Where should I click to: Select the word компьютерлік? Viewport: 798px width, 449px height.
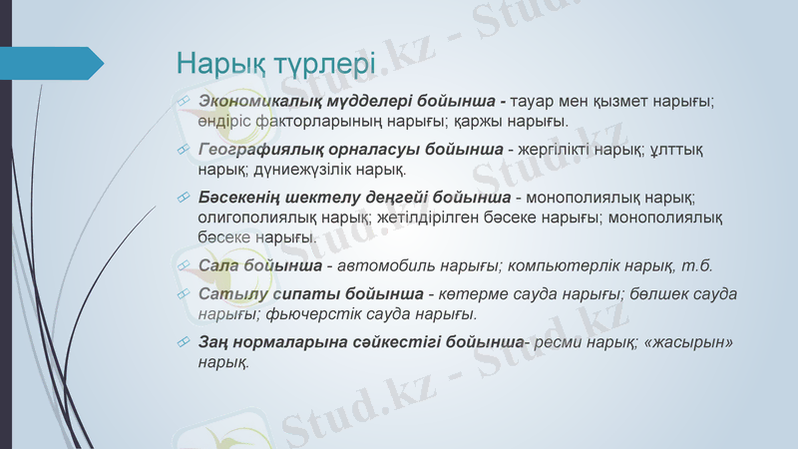(x=550, y=265)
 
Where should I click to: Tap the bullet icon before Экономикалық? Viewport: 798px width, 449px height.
(x=184, y=102)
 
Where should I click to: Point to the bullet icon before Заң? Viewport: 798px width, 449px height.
(x=184, y=342)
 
